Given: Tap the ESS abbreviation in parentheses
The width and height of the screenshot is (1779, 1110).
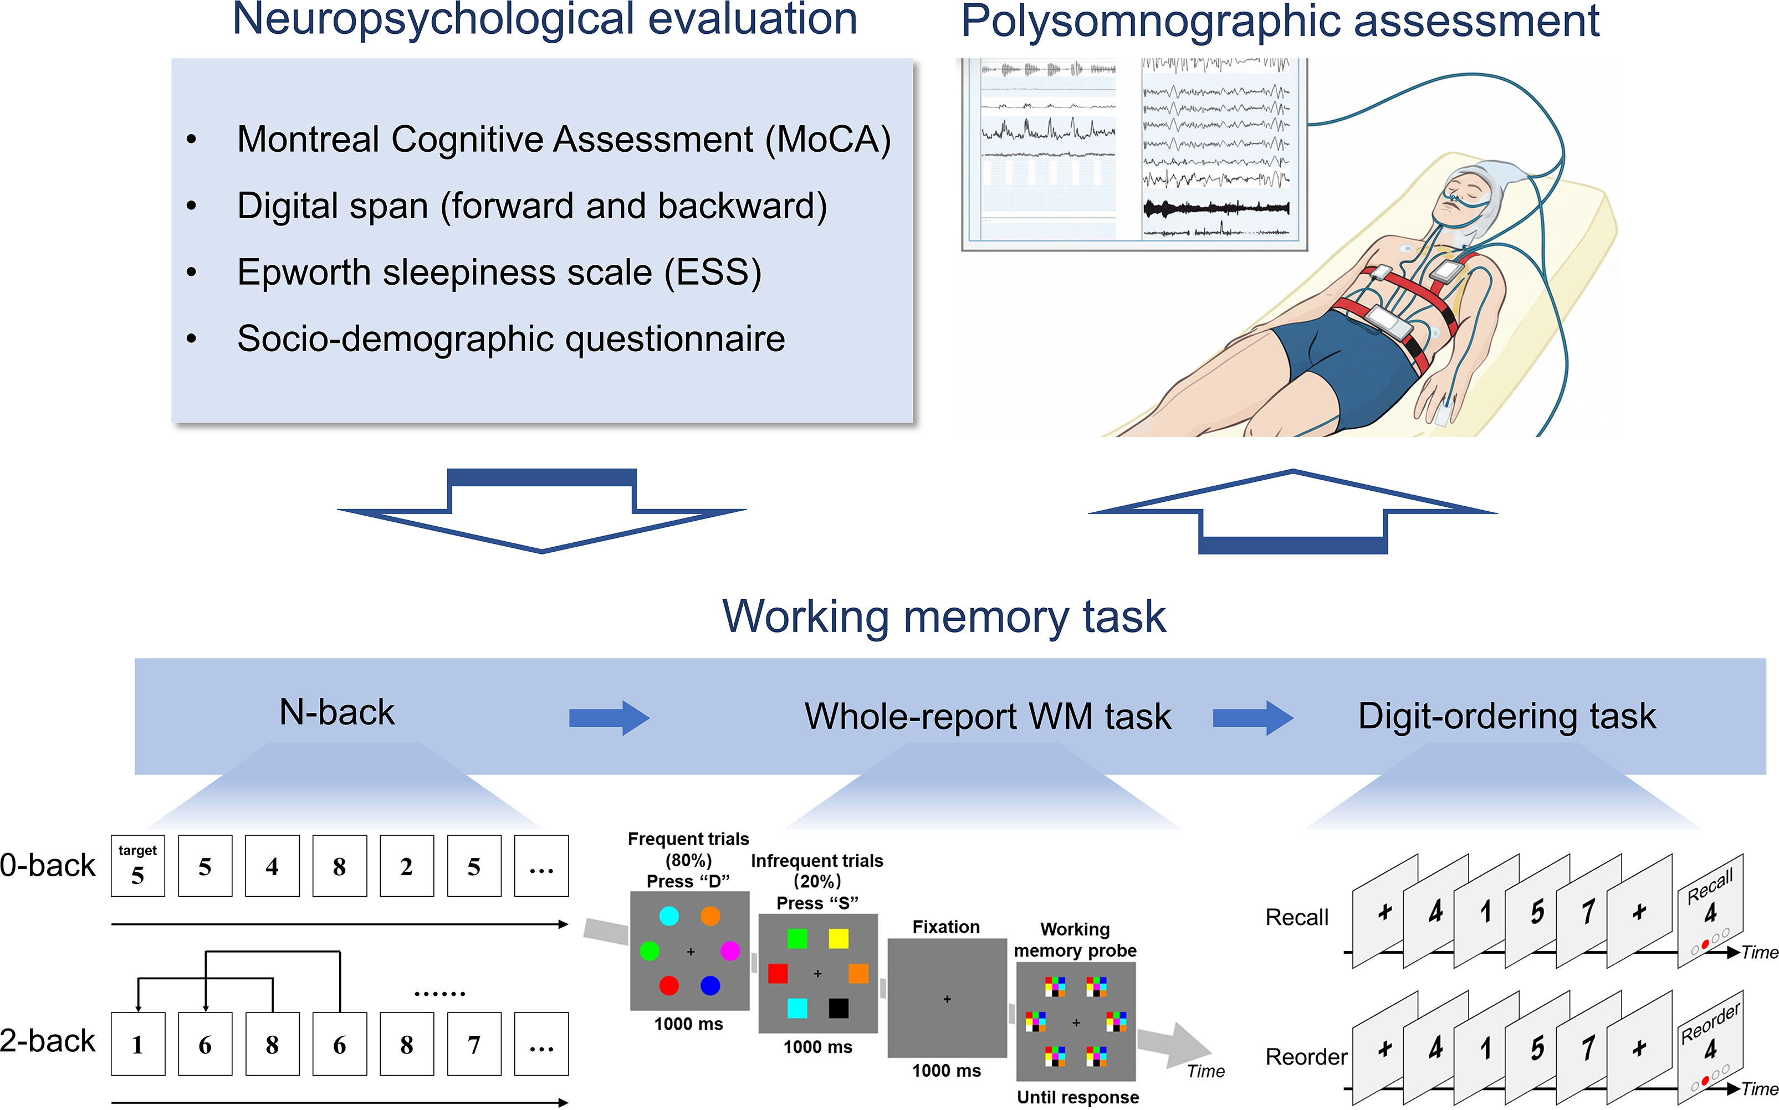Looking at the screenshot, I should click(713, 273).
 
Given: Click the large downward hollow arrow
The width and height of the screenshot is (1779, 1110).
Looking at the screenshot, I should click(542, 514).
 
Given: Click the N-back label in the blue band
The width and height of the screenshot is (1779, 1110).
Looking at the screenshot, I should click(337, 712).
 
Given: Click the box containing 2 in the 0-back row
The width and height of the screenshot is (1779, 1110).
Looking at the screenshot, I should click(406, 866).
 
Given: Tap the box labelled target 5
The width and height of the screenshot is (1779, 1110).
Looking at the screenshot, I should click(137, 866).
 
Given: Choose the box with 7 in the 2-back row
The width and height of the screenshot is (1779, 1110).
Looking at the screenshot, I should click(474, 1044).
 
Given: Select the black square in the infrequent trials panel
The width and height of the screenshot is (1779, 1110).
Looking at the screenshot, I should click(838, 1008).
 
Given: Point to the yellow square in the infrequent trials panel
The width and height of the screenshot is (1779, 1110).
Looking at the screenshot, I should click(838, 938).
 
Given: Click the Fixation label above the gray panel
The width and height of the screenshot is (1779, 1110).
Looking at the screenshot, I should click(946, 927).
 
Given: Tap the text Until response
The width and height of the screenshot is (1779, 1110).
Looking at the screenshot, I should click(1077, 1097).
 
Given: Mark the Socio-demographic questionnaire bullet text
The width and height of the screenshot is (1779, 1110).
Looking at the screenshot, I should click(511, 339).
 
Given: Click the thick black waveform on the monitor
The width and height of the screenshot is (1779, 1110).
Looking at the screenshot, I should click(1215, 208).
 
